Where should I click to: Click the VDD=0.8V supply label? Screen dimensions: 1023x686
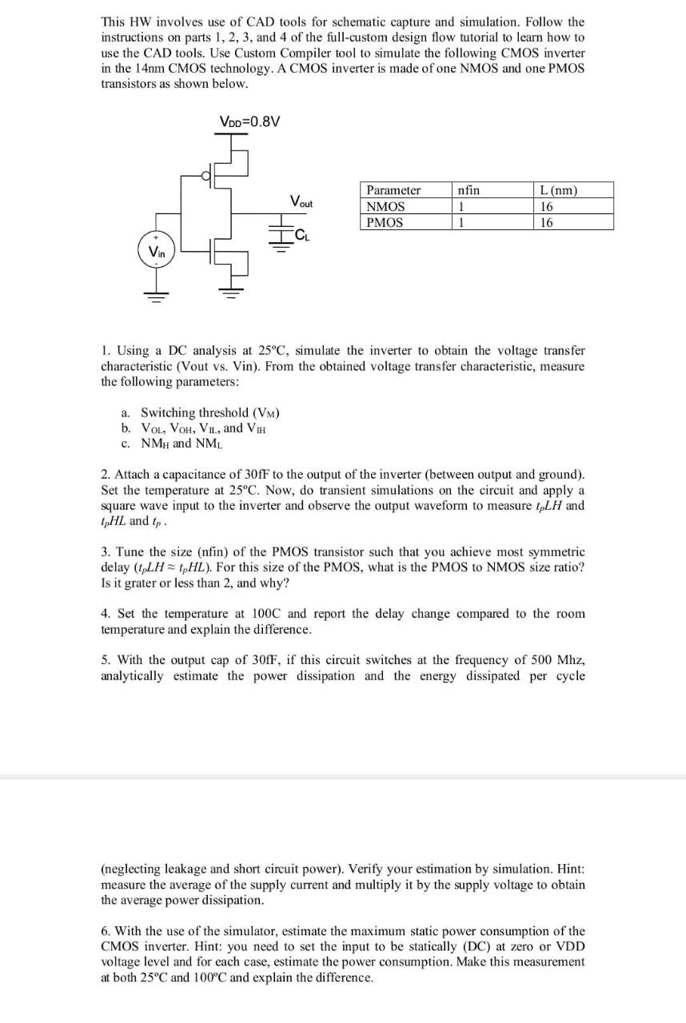(x=249, y=121)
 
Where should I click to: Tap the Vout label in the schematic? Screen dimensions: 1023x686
(x=301, y=201)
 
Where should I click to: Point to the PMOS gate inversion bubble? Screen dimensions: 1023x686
(x=205, y=176)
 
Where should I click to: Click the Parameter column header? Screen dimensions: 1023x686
(x=393, y=190)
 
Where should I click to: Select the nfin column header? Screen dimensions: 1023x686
(x=469, y=190)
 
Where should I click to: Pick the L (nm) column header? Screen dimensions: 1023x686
(x=559, y=190)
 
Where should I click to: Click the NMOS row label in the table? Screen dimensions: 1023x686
(x=385, y=206)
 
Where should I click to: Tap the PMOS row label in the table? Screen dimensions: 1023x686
(x=385, y=222)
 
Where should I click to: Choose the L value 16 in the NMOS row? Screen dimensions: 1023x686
(x=547, y=206)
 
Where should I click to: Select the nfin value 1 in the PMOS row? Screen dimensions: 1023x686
(x=461, y=222)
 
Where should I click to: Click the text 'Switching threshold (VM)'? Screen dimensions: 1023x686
(x=209, y=412)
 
